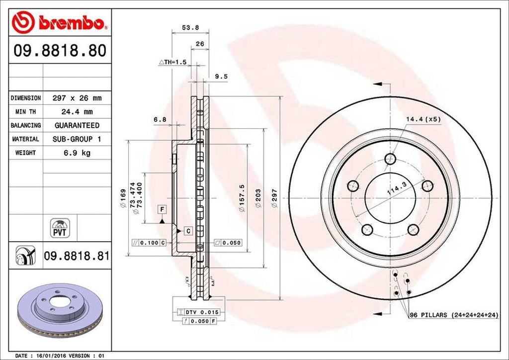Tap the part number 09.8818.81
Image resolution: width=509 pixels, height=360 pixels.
(x=77, y=256)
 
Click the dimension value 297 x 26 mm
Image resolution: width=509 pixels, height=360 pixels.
(x=77, y=98)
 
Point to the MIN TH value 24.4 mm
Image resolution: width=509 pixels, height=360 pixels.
(x=77, y=112)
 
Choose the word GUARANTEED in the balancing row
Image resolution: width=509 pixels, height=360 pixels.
(x=77, y=125)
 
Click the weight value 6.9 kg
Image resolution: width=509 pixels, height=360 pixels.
(x=77, y=153)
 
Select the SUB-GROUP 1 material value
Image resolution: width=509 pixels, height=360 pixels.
(x=77, y=139)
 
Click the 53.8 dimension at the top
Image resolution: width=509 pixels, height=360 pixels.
(x=187, y=28)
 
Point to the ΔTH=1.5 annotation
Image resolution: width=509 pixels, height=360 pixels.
(x=172, y=62)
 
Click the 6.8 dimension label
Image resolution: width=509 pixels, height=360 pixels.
(x=160, y=119)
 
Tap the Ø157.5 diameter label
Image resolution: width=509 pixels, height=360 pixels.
(x=242, y=198)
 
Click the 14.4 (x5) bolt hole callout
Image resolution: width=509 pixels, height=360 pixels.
(x=424, y=119)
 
